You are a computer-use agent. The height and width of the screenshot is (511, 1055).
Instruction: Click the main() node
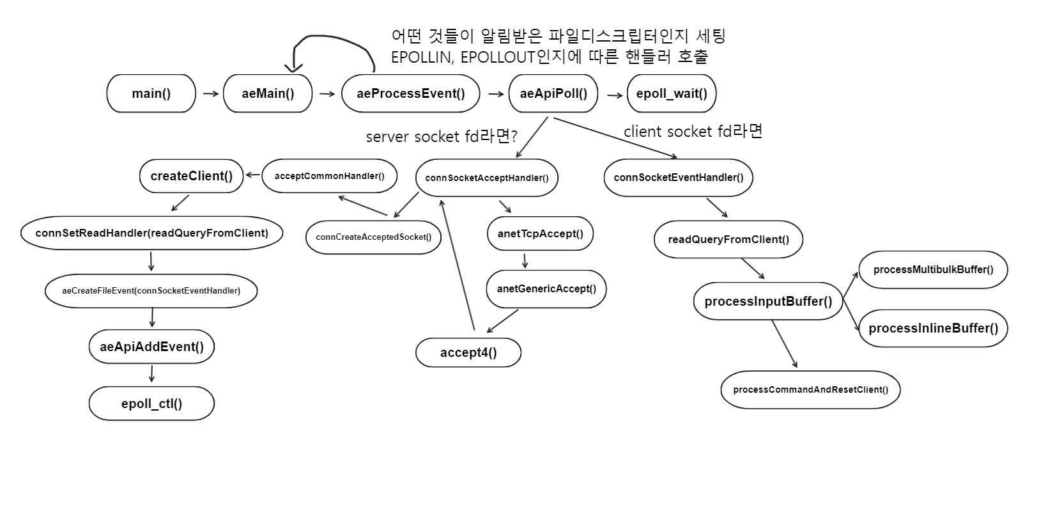[151, 93]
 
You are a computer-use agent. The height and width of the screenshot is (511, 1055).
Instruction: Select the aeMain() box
[268, 93]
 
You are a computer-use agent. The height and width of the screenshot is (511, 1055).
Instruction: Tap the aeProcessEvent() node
[411, 93]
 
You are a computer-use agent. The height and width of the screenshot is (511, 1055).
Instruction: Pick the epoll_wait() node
[672, 93]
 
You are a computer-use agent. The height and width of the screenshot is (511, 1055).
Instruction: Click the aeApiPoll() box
[553, 93]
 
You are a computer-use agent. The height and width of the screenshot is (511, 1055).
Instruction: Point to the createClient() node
[192, 176]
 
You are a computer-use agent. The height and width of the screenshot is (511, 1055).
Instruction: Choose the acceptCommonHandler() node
[329, 176]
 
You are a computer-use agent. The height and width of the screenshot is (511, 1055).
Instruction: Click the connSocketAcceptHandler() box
[486, 178]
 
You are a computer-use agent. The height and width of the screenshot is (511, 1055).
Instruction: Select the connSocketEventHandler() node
[678, 177]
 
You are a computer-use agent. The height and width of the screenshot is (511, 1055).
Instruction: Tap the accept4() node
[468, 352]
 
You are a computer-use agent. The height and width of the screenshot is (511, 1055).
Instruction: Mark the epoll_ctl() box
[151, 404]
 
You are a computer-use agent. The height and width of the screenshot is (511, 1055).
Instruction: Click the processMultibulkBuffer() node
[933, 269]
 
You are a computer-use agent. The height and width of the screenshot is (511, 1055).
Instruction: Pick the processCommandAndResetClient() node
[810, 389]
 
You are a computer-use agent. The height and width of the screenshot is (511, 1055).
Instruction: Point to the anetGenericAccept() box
[546, 288]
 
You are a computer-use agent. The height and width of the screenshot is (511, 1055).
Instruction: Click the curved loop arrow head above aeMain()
[295, 67]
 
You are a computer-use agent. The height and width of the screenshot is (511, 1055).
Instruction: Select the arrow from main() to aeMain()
[210, 94]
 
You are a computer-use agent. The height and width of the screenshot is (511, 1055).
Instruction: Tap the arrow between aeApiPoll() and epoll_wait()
[615, 95]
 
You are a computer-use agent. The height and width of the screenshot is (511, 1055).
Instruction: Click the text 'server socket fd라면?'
[441, 136]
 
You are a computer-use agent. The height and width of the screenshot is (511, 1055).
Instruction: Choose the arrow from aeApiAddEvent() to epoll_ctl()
[151, 373]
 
